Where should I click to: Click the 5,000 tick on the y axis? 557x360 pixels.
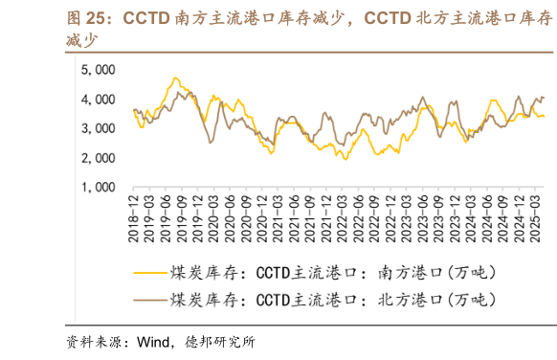[x=98, y=69]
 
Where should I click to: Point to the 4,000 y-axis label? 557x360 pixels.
[x=98, y=99]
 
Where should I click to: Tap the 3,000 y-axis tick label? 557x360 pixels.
[x=98, y=128]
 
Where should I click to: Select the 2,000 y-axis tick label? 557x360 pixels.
[x=98, y=158]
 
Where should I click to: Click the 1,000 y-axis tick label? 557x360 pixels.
[x=98, y=188]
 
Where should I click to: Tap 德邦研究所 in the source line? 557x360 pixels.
[x=220, y=342]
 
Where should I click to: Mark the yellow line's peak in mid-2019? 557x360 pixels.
[x=174, y=79]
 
